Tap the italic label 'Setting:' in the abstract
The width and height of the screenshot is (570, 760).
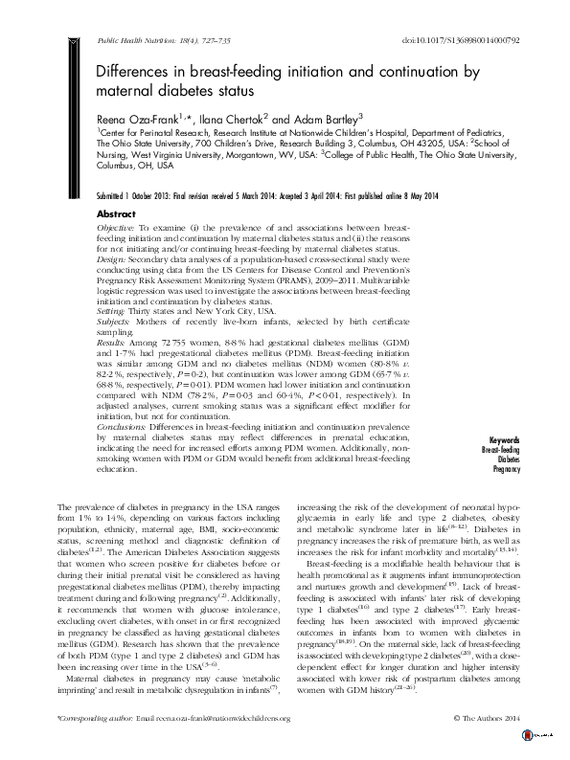114,311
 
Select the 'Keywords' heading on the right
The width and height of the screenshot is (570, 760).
502,440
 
